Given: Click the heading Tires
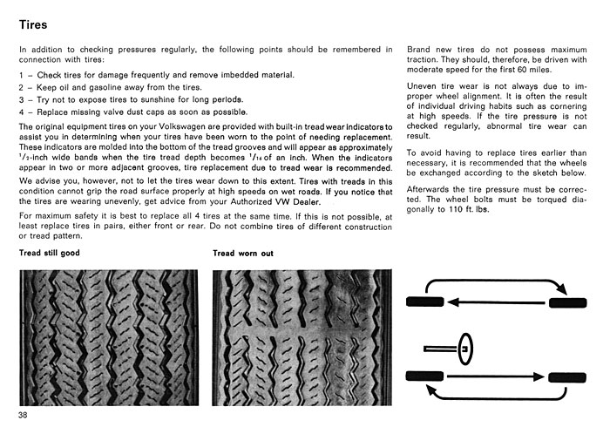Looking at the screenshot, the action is coord(33,24).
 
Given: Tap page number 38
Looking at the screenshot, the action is coord(23,415).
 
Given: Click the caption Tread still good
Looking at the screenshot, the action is coord(50,253).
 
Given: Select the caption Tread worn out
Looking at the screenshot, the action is coord(243,254).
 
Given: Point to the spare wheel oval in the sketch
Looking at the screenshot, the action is coord(464,349).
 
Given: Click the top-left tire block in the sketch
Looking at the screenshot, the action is coord(425,302).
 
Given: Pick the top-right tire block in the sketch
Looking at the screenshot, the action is coord(567,302).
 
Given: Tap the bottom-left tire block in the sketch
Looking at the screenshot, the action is coord(424,376).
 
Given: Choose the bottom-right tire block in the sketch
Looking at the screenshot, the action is coord(567,377).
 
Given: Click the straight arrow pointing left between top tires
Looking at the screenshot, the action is coord(497,302).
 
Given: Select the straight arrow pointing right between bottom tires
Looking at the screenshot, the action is coord(496,376).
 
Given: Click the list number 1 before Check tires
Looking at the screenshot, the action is coord(21,75).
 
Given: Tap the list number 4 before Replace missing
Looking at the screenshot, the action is coord(22,112).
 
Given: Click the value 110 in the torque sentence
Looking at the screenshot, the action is coord(456,209).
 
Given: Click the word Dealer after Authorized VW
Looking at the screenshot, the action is coord(307,202).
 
